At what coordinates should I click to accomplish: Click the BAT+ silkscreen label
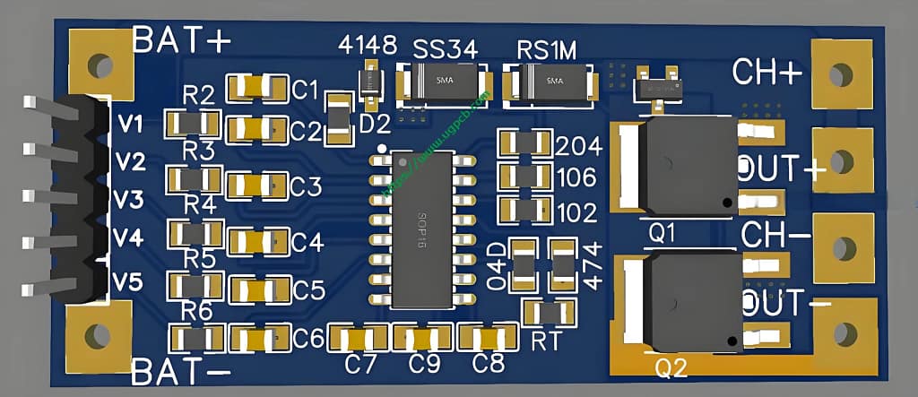[x=182, y=39]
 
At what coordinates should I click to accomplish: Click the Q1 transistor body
[x=688, y=167]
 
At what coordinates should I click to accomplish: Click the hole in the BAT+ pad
[x=100, y=65]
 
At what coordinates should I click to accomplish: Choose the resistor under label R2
[x=194, y=123]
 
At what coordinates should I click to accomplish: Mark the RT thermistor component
[x=544, y=312]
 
